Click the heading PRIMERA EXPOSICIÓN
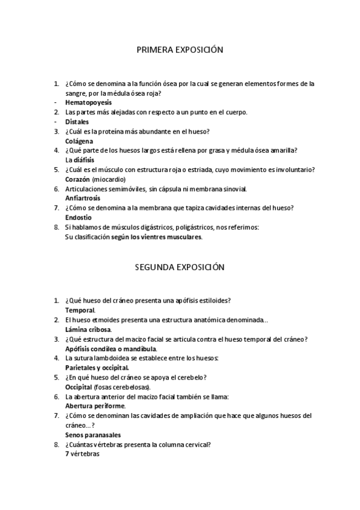(180, 51)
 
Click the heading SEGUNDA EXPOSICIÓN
(180, 266)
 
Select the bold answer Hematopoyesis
(84, 103)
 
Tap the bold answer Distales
(77, 122)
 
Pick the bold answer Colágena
(79, 141)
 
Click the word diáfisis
(84, 160)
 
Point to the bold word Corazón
(78, 179)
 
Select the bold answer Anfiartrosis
(82, 198)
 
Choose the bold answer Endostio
(78, 218)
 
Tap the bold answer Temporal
(79, 310)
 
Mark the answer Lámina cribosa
(88, 330)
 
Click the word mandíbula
(140, 349)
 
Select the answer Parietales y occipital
(96, 367)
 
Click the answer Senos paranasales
(93, 435)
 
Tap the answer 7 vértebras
(82, 454)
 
